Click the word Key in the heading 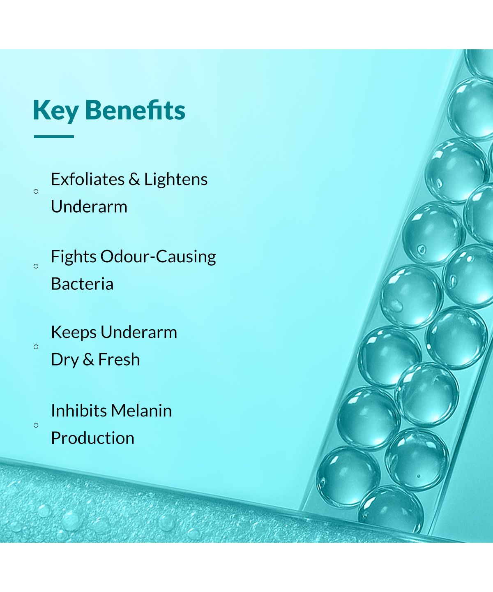[55, 111]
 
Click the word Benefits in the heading [135, 109]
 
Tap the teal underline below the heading [54, 136]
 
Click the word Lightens [176, 180]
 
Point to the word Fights [74, 257]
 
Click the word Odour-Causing [158, 257]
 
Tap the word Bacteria [82, 284]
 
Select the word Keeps [74, 332]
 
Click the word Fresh [119, 359]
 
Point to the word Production [92, 438]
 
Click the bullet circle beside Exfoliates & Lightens [36, 192]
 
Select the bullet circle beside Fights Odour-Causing [36, 266]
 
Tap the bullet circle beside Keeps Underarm [36, 347]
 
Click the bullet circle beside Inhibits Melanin [36, 425]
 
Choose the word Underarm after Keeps [139, 332]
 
